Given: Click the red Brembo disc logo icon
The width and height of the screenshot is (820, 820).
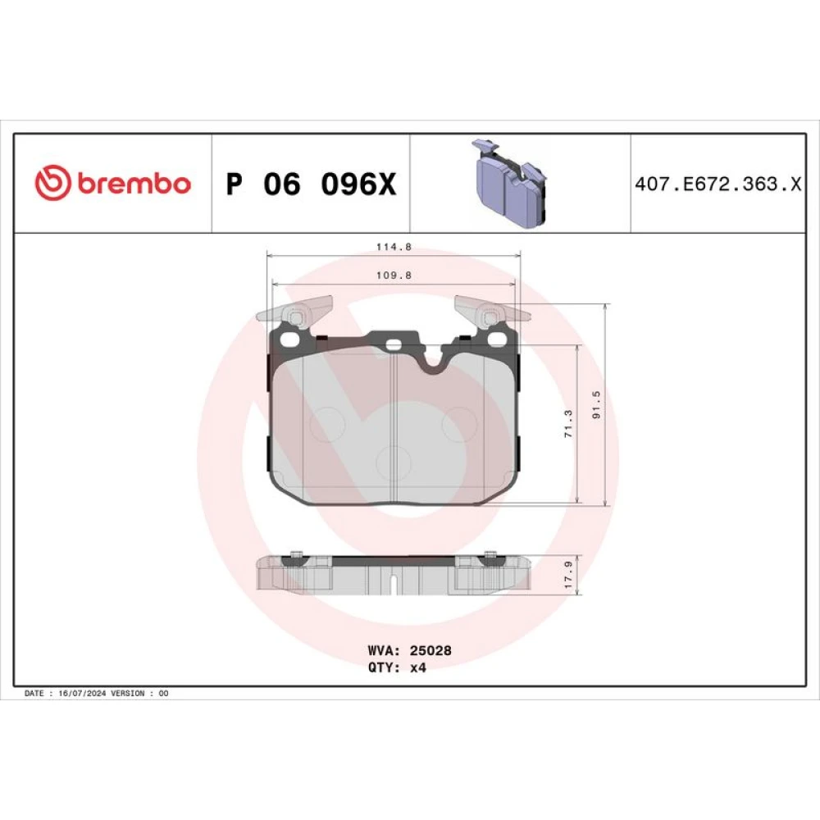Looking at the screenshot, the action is (x=52, y=183).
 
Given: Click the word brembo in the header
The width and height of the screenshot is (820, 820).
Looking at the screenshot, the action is (x=134, y=184).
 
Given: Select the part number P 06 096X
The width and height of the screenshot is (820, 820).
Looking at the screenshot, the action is (x=311, y=184).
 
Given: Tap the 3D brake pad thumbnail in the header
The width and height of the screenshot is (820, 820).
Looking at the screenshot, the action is (x=510, y=183).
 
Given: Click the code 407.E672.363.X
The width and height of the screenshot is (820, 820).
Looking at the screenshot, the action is (x=717, y=184).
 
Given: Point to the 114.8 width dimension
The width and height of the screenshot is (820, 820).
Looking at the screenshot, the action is (x=394, y=247).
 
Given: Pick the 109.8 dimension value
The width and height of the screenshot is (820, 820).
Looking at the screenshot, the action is (x=394, y=275).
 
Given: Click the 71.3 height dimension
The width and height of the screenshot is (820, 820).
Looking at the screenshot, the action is (x=568, y=424).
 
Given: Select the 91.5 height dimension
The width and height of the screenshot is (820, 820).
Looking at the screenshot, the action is (x=596, y=404).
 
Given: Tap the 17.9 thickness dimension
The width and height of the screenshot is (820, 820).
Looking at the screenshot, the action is (x=568, y=574).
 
